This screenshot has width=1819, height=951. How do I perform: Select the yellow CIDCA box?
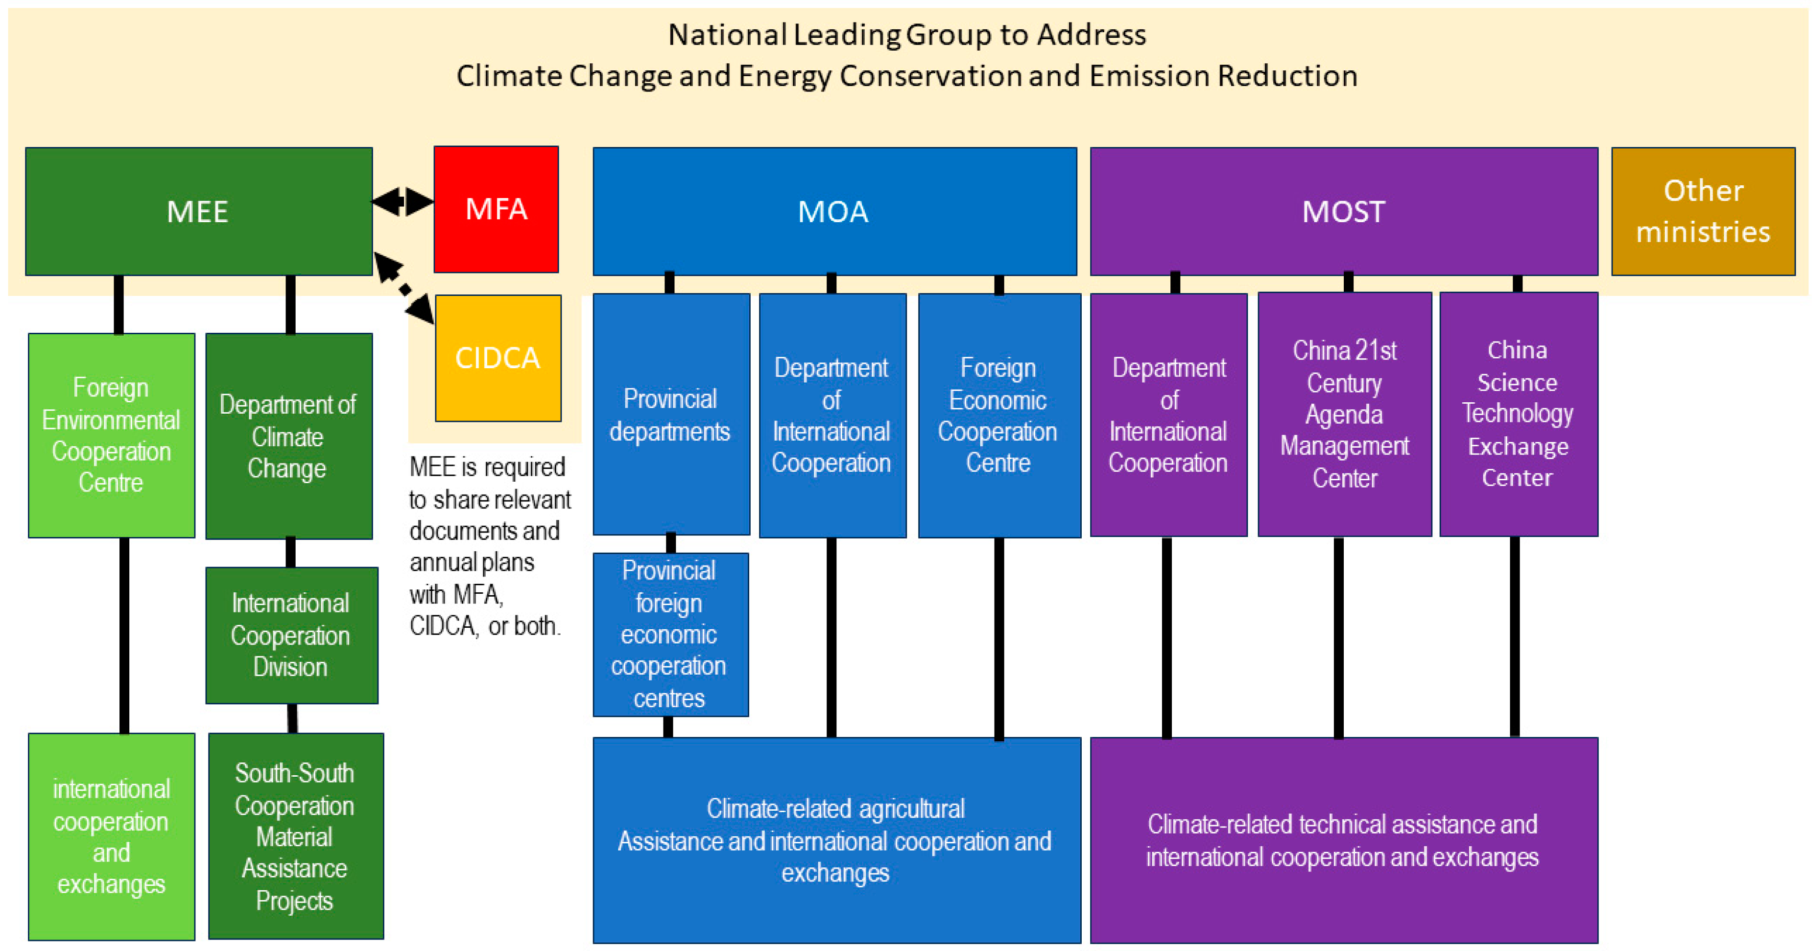(498, 358)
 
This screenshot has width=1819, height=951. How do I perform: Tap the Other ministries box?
(1703, 211)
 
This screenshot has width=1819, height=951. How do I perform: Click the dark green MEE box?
(198, 211)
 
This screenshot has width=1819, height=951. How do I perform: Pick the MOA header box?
(834, 211)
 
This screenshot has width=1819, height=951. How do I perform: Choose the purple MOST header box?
(1343, 211)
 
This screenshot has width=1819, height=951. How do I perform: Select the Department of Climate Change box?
(288, 436)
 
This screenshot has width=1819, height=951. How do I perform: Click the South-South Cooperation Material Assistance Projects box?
(295, 836)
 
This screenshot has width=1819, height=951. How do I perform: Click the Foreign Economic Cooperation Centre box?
(998, 415)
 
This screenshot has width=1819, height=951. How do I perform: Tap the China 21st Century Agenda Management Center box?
(1344, 414)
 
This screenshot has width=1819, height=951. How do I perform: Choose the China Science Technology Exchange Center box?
(1518, 414)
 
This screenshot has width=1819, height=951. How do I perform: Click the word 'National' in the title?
(727, 34)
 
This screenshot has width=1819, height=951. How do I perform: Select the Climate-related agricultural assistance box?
(836, 840)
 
